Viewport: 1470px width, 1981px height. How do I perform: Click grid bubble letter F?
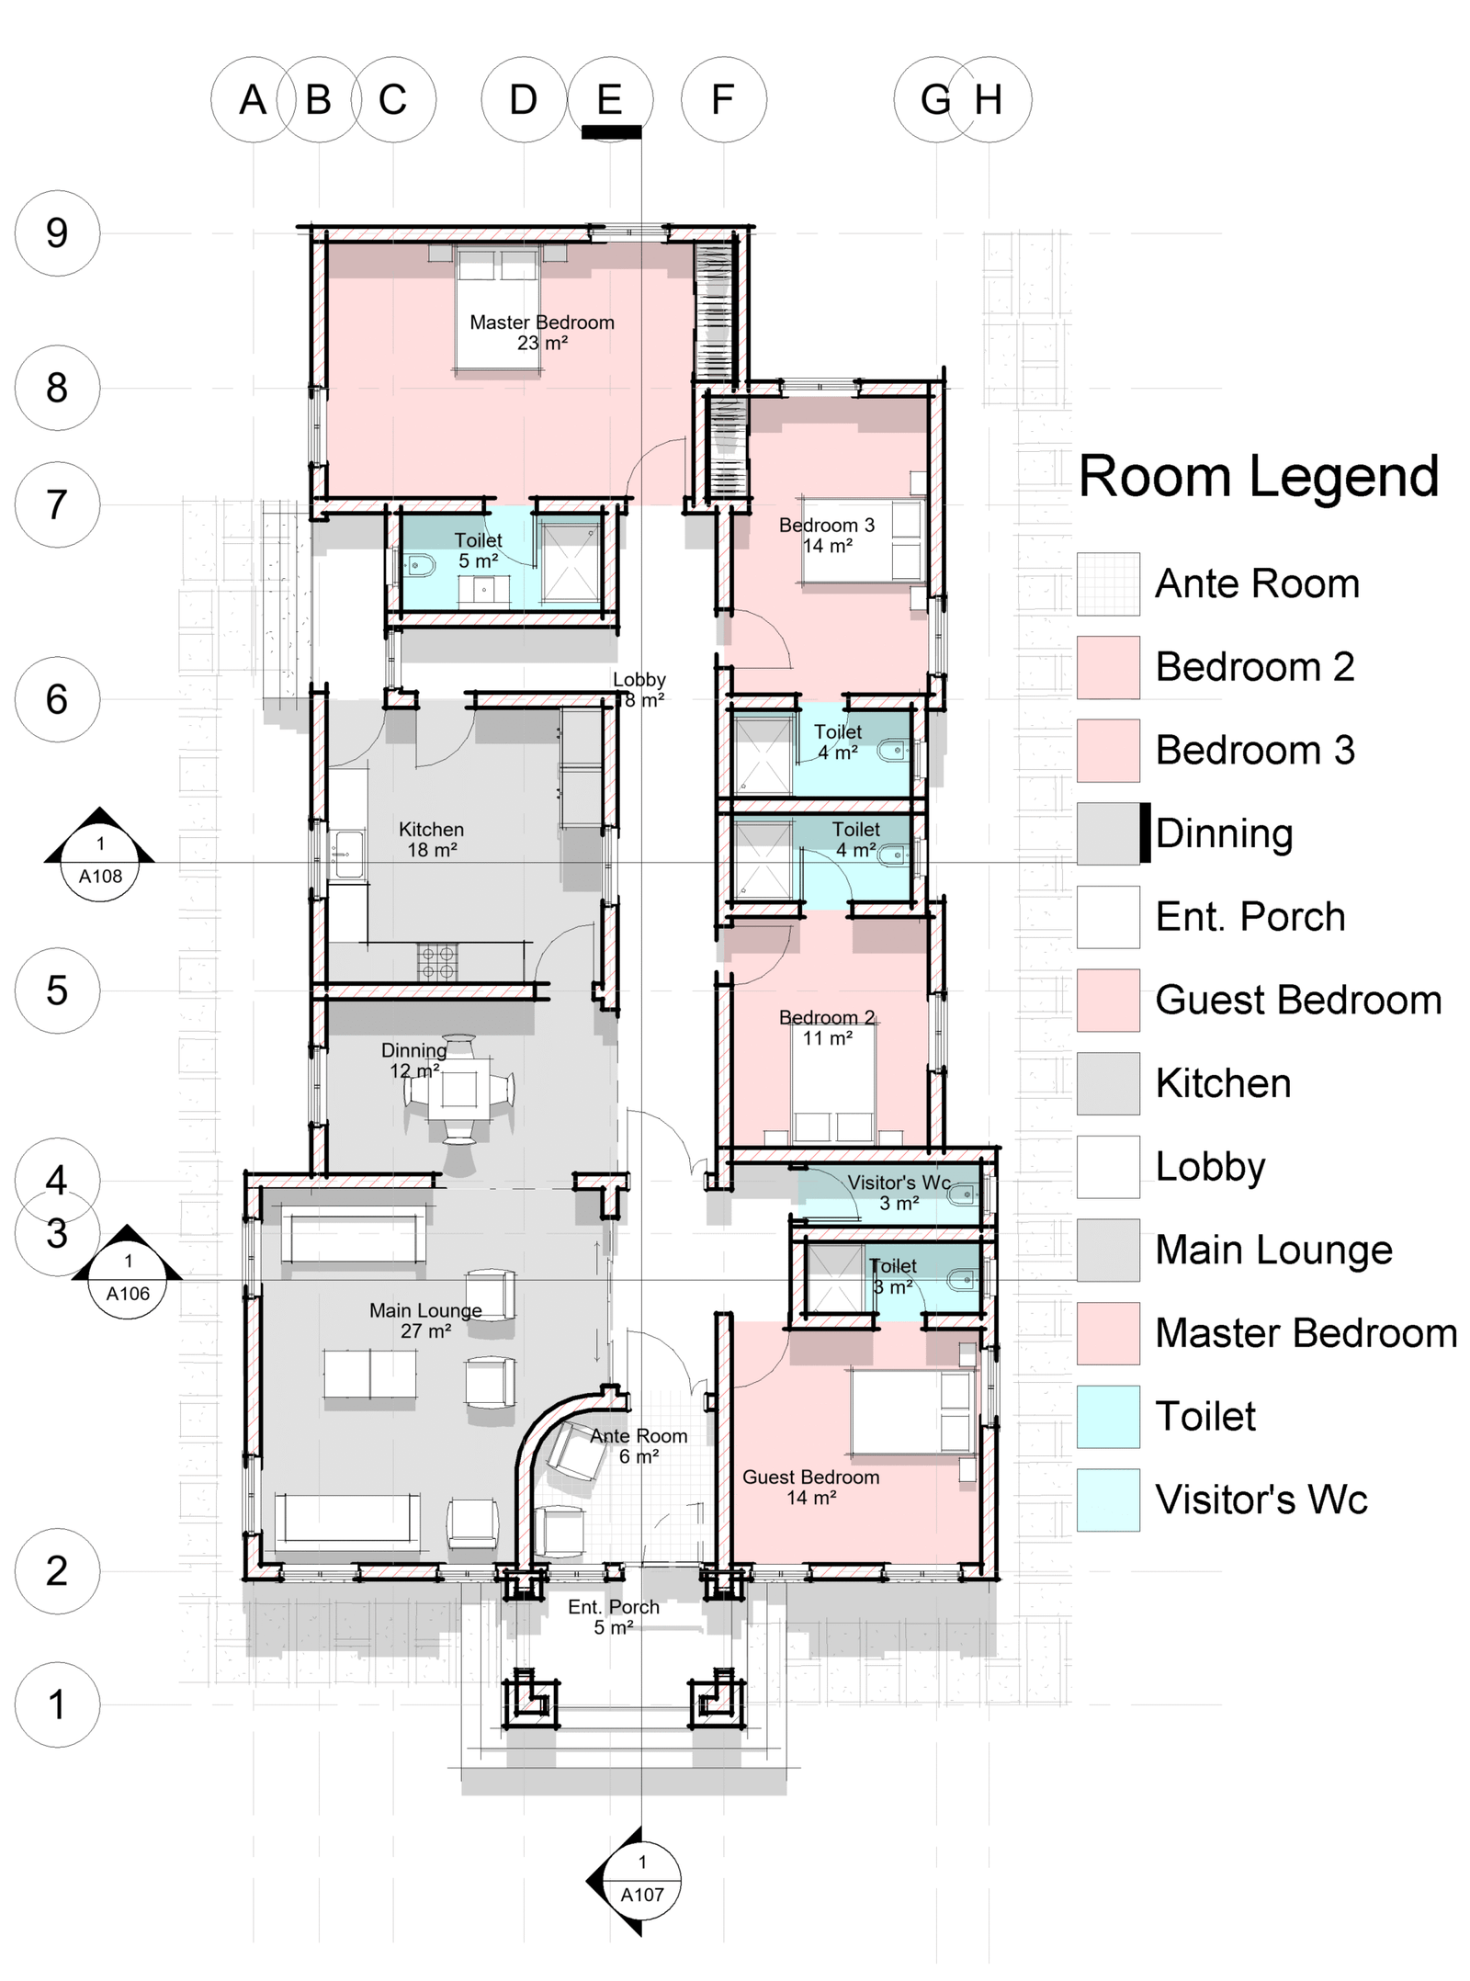[x=723, y=99]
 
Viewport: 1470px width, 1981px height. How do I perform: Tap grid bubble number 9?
[x=57, y=233]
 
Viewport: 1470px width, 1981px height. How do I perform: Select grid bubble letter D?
[x=524, y=99]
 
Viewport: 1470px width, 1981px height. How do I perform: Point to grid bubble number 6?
[x=57, y=699]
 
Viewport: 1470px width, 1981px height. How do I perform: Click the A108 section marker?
[x=100, y=856]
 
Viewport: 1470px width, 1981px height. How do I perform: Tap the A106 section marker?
[x=128, y=1273]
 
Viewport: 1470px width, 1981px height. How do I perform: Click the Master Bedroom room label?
[x=542, y=333]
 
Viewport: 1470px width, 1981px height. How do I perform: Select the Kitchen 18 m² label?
[x=432, y=840]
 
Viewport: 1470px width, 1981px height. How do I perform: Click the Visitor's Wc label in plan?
[x=899, y=1193]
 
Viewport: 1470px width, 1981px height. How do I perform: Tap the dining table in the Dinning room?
[x=458, y=1091]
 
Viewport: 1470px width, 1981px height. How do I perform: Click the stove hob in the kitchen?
[x=437, y=962]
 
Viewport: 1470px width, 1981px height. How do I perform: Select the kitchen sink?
[x=347, y=855]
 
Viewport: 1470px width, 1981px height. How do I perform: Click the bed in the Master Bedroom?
[x=498, y=309]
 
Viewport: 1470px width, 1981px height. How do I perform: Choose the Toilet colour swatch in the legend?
[x=1108, y=1417]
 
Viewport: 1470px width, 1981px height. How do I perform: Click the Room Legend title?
[x=1259, y=477]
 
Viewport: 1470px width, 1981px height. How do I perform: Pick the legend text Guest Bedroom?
[x=1298, y=1000]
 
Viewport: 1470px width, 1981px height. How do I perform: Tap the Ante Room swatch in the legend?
[x=1108, y=583]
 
